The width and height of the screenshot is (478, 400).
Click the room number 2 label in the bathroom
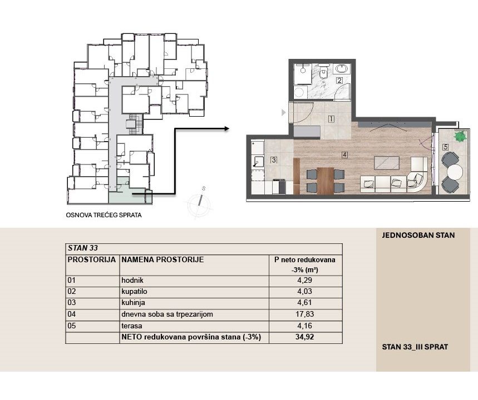(339, 81)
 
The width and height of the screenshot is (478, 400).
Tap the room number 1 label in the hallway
(331, 119)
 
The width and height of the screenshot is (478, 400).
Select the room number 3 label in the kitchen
(274, 160)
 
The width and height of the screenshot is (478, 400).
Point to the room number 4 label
(344, 155)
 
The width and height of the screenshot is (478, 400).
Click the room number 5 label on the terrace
(445, 147)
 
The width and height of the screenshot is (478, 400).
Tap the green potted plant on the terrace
(460, 136)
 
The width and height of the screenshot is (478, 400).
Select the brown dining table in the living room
(326, 181)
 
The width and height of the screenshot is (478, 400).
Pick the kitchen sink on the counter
(259, 161)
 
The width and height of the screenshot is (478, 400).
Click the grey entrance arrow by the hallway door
(283, 113)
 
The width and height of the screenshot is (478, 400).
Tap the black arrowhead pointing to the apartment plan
(226, 129)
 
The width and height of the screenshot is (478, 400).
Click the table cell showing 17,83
(305, 314)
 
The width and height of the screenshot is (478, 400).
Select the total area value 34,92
(304, 337)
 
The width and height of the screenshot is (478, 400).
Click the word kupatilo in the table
(134, 292)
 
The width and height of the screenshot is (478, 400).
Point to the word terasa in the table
(132, 326)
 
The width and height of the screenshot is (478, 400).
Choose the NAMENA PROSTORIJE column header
(162, 259)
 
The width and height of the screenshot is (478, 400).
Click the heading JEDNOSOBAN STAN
(418, 236)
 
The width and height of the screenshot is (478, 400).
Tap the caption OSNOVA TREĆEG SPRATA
(104, 215)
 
